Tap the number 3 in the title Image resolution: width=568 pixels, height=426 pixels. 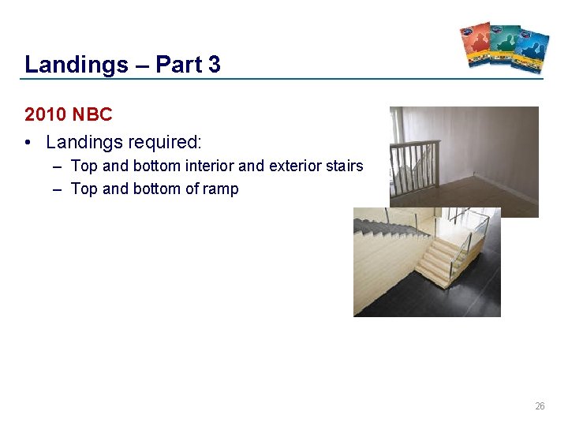point(215,65)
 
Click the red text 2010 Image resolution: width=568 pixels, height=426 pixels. point(45,114)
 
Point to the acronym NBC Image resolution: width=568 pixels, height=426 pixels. point(92,114)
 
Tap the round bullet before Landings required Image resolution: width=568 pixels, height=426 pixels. point(28,143)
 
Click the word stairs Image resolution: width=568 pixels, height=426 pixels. point(346,166)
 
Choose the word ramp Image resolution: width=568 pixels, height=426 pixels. point(221,189)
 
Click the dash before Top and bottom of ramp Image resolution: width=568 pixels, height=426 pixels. point(59,189)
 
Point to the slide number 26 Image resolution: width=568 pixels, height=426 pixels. point(540,406)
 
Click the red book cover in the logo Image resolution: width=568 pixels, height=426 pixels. point(476,43)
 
